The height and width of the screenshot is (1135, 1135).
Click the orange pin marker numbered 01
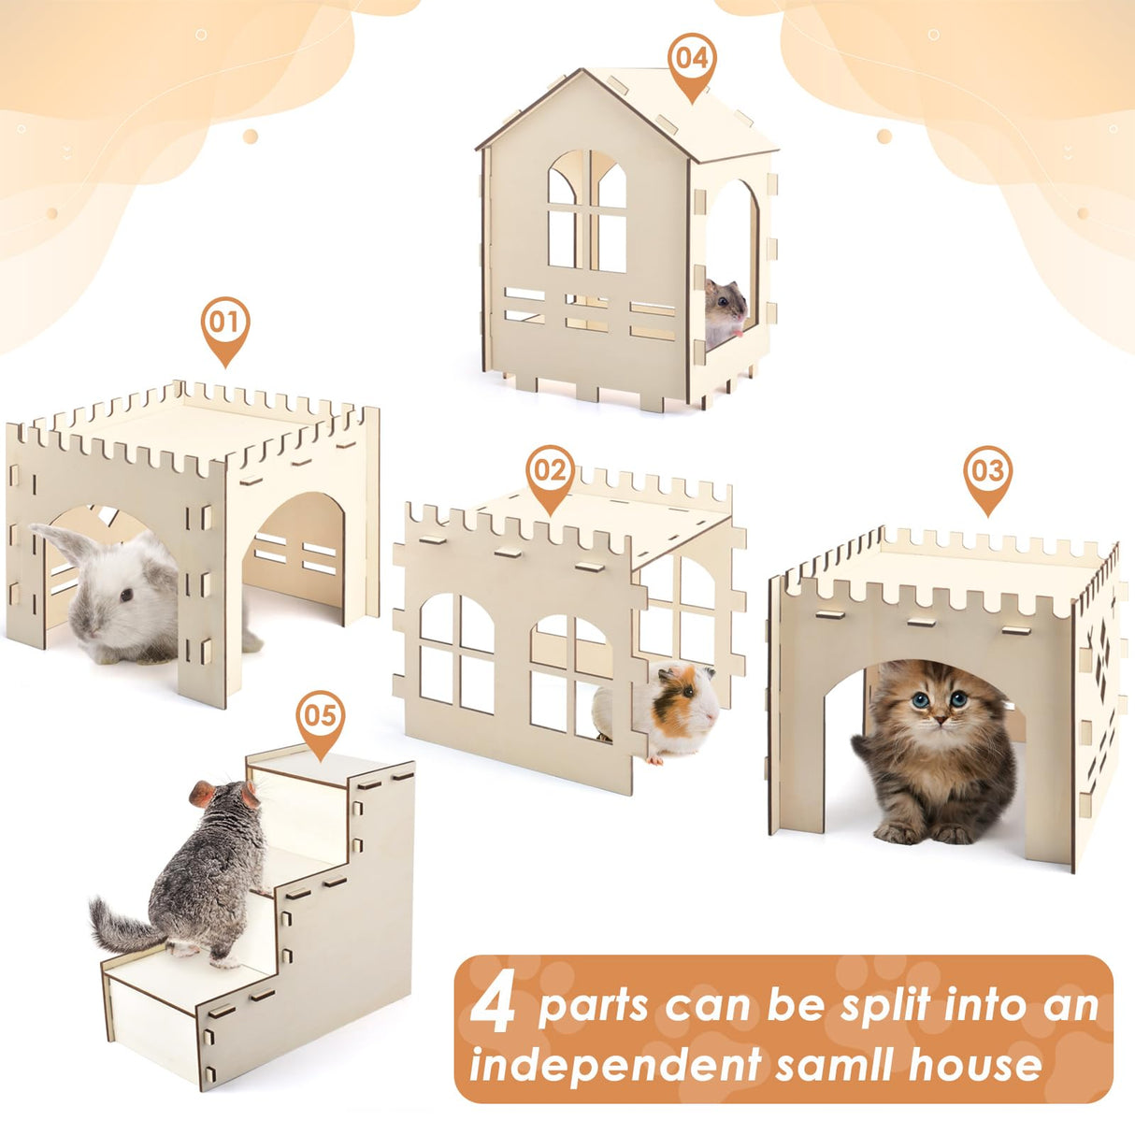pyautogui.click(x=224, y=324)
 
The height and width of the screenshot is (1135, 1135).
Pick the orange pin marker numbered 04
pyautogui.click(x=691, y=59)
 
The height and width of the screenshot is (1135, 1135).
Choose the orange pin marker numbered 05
pyautogui.click(x=320, y=717)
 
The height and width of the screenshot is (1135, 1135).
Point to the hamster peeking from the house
pyautogui.click(x=726, y=309)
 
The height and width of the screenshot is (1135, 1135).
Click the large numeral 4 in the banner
pyautogui.click(x=494, y=1006)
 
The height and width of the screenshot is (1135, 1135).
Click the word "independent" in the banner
pyautogui.click(x=615, y=1063)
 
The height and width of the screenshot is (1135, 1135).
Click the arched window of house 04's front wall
pyautogui.click(x=587, y=211)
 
